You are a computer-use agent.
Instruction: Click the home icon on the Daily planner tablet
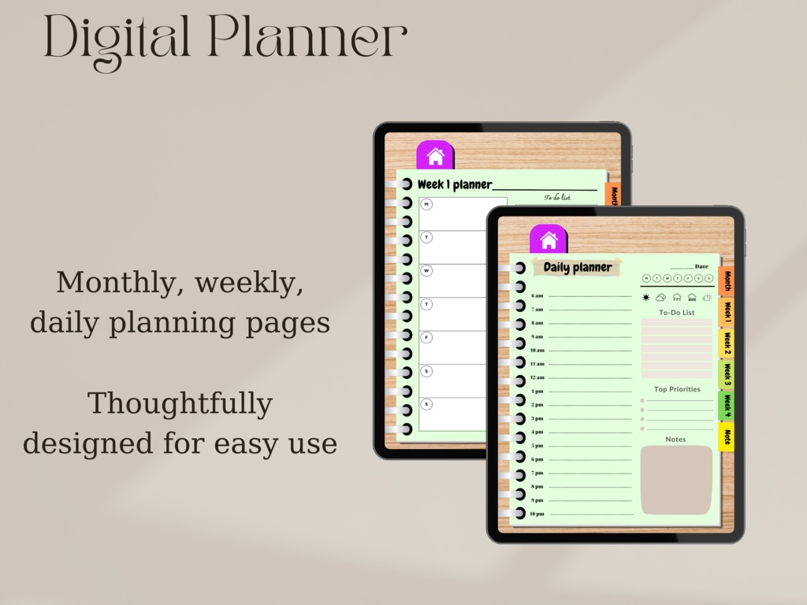[549, 240]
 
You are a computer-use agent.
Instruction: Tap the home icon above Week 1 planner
[435, 156]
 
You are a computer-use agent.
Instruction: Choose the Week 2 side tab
[727, 343]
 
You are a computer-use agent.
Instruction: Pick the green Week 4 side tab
[727, 406]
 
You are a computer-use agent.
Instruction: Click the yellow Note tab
[727, 437]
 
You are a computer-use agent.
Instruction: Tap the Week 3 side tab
[727, 374]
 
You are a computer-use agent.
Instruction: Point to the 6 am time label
[537, 295]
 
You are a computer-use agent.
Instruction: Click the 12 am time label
[537, 377]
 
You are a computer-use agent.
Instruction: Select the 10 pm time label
[537, 514]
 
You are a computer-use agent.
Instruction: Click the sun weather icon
[646, 297]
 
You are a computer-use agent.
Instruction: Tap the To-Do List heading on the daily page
[676, 313]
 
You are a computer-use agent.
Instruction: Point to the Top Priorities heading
[676, 389]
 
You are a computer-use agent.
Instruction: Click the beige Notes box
[676, 480]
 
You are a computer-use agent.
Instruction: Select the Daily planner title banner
[577, 268]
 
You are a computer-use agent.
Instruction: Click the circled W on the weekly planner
[426, 270]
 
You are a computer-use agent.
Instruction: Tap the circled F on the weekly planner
[426, 337]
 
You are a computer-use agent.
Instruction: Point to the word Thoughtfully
[180, 403]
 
